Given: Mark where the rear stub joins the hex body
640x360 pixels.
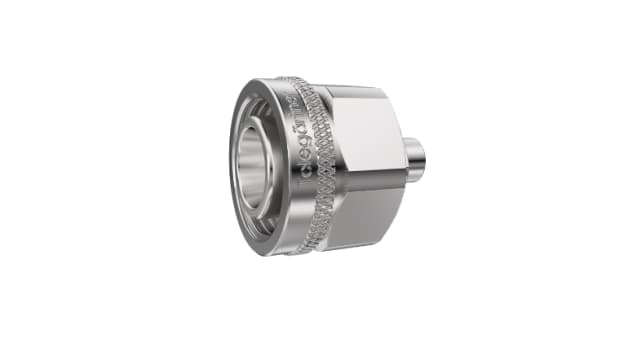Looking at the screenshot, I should (x=402, y=159).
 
